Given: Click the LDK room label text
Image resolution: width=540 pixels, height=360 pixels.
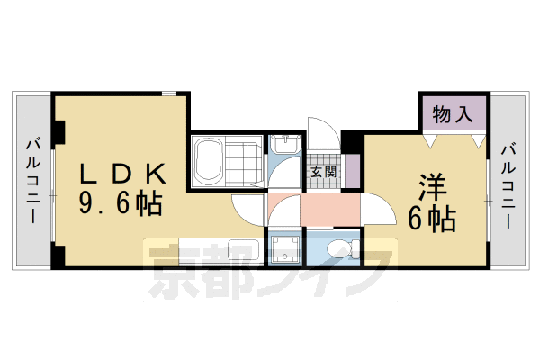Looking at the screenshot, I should (123, 172).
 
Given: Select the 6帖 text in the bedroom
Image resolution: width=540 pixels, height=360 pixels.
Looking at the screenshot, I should (433, 218).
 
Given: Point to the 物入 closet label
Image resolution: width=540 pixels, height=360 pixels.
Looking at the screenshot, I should (453, 114).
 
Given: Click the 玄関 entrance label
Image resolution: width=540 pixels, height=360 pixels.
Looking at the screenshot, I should (323, 171).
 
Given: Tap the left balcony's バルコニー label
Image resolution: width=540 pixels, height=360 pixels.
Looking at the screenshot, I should (32, 180).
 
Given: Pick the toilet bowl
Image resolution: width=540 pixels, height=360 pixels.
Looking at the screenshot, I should (340, 248).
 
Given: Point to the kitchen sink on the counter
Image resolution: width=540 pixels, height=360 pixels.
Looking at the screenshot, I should (243, 249).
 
